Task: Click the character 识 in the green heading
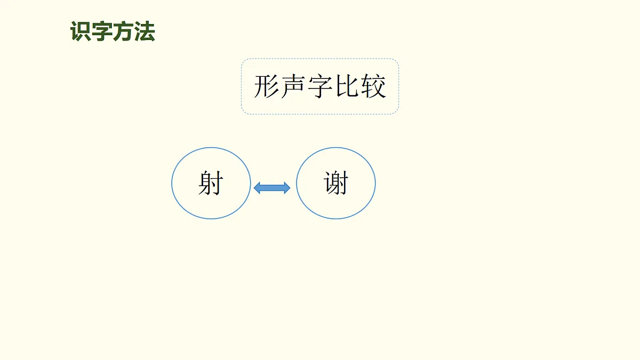81,32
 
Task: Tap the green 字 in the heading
102,32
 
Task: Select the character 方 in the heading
123,32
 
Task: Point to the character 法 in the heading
145,32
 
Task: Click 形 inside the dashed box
267,86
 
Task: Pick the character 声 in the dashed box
293,86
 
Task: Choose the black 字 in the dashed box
320,86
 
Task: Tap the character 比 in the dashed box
347,86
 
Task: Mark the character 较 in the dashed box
373,86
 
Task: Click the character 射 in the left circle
211,183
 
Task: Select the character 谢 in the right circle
336,183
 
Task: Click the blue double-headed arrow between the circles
272,187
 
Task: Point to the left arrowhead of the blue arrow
258,187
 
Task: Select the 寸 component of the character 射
217,183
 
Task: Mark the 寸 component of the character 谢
344,183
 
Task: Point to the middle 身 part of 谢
335,183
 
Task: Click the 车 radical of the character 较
367,86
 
